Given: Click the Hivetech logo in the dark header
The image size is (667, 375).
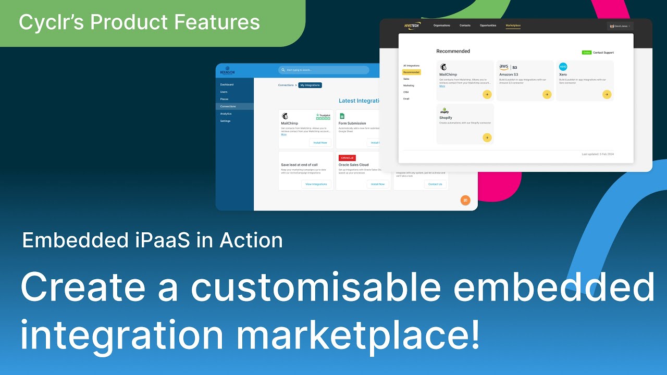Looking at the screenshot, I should tap(412, 26).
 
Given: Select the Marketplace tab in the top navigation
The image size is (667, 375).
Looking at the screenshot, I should tap(513, 26).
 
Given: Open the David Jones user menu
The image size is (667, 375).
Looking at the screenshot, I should tap(620, 26).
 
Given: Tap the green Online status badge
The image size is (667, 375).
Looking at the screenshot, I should tap(587, 53).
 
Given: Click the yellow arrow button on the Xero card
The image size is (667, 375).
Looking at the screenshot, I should tap(607, 94).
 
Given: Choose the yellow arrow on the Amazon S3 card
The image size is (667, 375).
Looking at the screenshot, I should tap(547, 94).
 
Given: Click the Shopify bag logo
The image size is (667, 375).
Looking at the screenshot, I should tap(444, 110).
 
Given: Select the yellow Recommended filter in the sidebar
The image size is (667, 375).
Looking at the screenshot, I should tap(412, 72).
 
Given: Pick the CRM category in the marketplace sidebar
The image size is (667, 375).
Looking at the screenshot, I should tap(406, 92).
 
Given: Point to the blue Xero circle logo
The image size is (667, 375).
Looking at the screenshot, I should tap(563, 67).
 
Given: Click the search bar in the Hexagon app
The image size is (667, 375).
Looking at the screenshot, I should tap(324, 70).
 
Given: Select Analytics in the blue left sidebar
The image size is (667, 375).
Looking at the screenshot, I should tap(226, 114).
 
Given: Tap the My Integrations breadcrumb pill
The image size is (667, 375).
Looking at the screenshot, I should tap(310, 85).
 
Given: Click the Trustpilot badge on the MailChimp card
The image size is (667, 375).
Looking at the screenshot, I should tap(323, 117).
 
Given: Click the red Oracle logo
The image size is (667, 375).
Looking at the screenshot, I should tap(347, 158).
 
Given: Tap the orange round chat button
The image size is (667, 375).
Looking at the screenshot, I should tap(465, 200).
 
